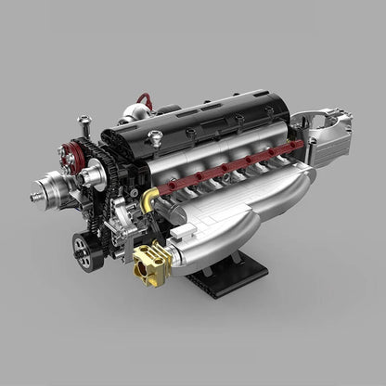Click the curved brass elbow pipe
pyautogui.click(x=151, y=197)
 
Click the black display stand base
pyautogui.click(x=226, y=278)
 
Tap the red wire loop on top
pyautogui.click(x=142, y=98)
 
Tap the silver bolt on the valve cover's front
pyautogui.click(x=155, y=137)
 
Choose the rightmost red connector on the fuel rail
pyautogui.click(x=299, y=145)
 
